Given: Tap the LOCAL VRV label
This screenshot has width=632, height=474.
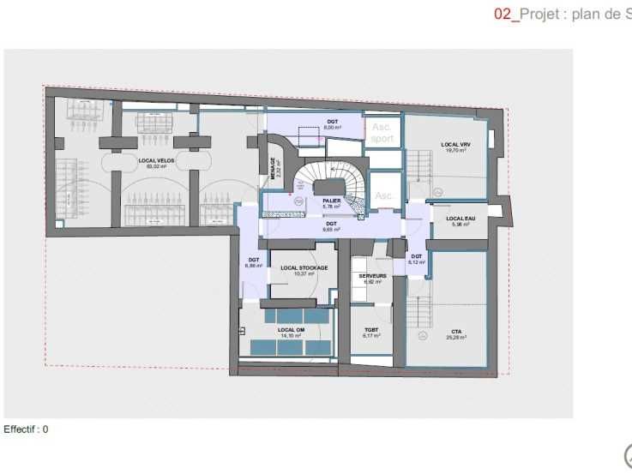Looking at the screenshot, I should point(455,144).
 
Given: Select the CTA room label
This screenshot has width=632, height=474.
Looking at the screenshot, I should point(455,332).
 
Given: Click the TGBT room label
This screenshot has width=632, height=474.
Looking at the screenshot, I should point(371,330).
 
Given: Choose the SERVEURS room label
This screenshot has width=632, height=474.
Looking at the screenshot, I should point(372,276).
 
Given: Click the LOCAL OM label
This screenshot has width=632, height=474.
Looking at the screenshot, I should point(292,330).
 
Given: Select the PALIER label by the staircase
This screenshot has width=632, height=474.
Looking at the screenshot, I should point(332,201).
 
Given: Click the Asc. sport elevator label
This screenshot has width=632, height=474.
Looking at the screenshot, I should point(382,132).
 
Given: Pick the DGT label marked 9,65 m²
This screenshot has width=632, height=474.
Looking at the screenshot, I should point(332,224).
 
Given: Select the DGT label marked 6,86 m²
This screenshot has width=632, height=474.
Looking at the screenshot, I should point(254,260).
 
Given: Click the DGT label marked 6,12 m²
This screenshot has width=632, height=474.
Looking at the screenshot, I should point(416,256).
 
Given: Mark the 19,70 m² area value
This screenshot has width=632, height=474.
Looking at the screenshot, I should point(455,150).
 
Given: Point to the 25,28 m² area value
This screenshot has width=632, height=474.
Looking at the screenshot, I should point(455,338).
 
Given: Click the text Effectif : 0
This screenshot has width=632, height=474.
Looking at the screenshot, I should point(27,429).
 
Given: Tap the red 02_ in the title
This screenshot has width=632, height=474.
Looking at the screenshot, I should point(506,14).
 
